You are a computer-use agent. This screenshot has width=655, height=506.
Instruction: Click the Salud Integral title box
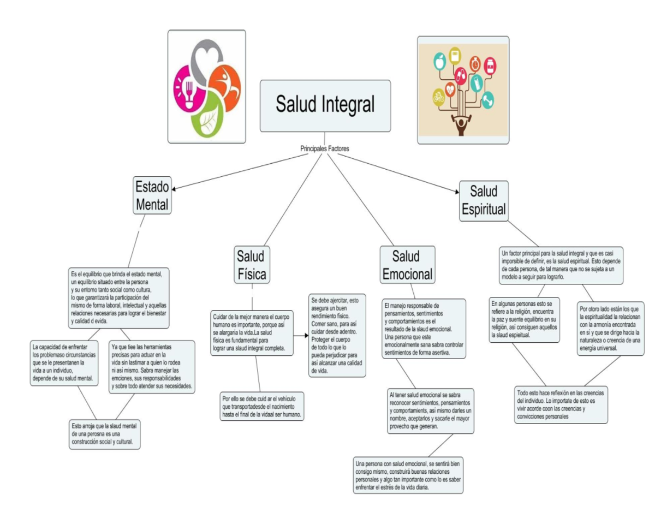325,105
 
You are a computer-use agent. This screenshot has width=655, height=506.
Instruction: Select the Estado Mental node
152,195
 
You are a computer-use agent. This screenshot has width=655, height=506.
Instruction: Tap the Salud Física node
252,265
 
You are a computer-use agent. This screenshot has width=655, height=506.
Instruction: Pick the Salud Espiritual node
484,200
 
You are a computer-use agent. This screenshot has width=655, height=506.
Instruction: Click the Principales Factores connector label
325,148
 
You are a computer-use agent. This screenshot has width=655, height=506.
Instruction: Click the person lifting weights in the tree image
462,126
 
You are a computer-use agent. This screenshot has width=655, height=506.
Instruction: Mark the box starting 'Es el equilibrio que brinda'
120,297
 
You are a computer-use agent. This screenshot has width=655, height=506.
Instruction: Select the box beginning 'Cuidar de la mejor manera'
252,332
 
